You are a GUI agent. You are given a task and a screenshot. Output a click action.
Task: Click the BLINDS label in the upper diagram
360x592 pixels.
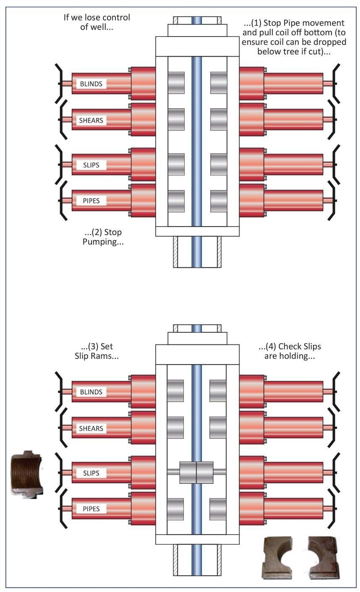pos(91,83)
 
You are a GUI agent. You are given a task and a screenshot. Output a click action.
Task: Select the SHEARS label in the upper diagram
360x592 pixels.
pos(91,120)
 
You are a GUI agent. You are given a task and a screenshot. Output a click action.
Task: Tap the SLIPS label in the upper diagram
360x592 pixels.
pos(91,164)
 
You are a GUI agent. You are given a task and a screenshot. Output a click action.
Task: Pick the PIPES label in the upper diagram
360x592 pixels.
pos(91,201)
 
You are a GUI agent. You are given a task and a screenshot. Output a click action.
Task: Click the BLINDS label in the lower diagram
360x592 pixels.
pos(91,392)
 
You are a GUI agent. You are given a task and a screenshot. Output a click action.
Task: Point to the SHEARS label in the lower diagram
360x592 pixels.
pos(91,428)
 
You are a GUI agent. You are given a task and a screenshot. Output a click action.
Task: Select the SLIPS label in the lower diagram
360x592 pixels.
pos(91,473)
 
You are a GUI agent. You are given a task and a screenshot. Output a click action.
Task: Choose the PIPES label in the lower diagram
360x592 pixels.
pos(91,509)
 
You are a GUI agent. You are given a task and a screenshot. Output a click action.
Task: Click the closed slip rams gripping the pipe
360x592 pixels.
pos(196,472)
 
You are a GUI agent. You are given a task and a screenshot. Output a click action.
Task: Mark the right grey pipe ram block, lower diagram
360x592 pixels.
pos(218,509)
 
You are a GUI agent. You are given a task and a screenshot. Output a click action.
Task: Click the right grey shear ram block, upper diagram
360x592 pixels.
pos(219,120)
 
